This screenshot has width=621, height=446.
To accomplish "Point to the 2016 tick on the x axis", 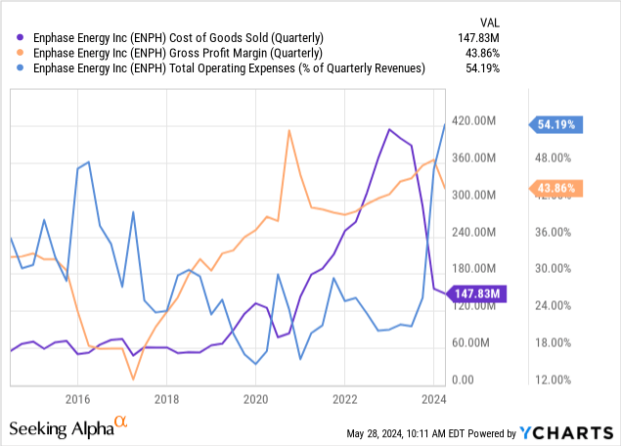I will click(77, 398).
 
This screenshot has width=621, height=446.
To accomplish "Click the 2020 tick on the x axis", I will click(255, 398).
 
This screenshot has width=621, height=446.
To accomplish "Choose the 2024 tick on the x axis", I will click(434, 398).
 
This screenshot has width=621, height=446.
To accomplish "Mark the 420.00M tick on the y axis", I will click(478, 120).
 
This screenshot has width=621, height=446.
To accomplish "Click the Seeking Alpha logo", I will click(68, 426).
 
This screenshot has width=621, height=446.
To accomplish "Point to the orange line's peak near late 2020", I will click(288, 130).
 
